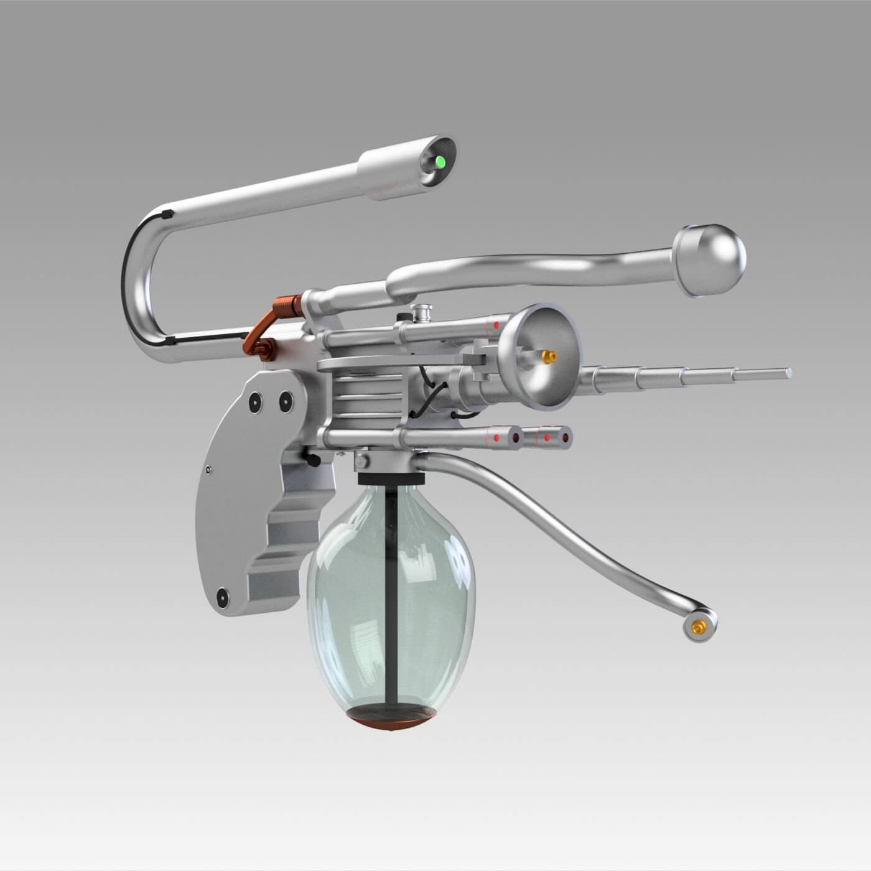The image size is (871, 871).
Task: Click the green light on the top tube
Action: click(x=440, y=164)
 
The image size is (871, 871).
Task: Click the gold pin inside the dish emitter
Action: click(x=548, y=356)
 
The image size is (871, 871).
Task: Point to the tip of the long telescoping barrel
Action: click(x=788, y=373)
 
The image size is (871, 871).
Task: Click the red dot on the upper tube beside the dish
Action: click(x=495, y=326)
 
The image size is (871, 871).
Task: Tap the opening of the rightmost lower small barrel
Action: click(x=566, y=439)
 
